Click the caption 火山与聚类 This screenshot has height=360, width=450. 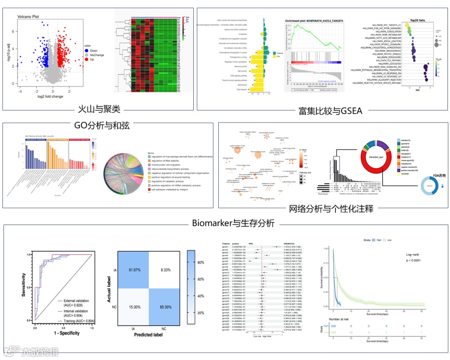point(100,110)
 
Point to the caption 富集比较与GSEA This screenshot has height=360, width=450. point(330,111)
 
